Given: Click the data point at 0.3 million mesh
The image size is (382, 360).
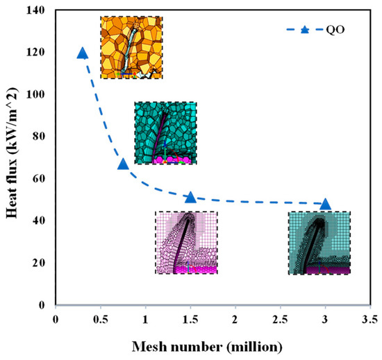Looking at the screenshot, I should point(83,53).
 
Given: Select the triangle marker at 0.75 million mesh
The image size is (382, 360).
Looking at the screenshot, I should point(123,164).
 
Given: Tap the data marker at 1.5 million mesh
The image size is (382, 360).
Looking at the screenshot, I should point(191,198).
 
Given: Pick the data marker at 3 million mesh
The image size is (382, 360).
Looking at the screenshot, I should point(326,204).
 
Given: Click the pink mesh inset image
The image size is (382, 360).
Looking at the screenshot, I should point(186,243).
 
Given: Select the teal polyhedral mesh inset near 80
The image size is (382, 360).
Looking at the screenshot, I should point(165,133).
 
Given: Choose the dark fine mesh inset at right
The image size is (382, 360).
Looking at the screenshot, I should point(319,243).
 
